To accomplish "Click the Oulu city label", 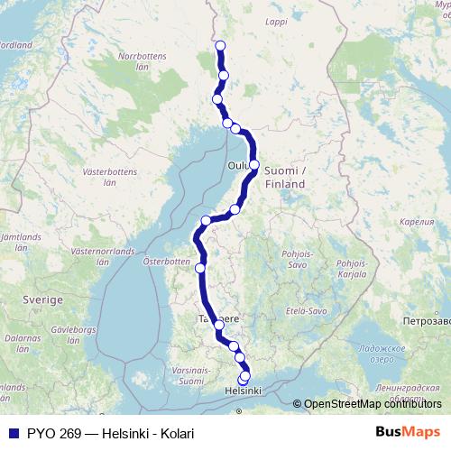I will point(237,166).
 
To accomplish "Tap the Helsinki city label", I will point(242,391).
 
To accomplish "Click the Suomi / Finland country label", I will point(285,177).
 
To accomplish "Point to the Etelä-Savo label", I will point(303,309).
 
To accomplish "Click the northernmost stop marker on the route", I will point(220,45).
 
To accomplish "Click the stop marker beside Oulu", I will point(255,164).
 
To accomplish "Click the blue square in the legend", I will point(12,434).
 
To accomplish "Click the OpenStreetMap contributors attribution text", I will point(372,404).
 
